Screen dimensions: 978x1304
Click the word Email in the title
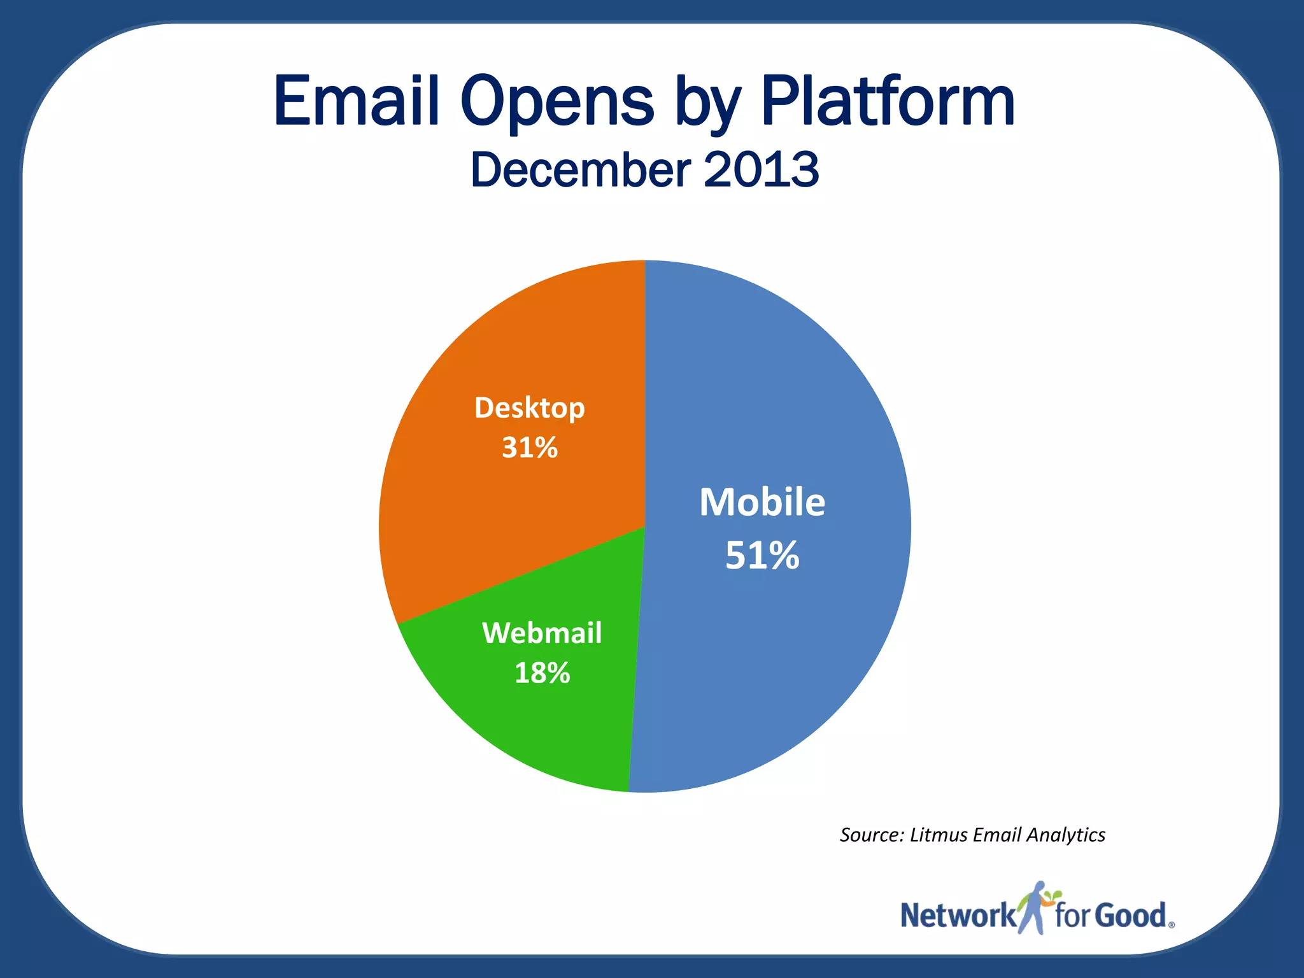tap(357, 102)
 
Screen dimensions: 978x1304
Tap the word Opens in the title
tap(557, 102)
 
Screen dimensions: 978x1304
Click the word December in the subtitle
tap(580, 170)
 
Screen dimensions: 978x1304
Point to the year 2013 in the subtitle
tap(762, 170)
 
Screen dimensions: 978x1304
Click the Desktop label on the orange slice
tap(530, 408)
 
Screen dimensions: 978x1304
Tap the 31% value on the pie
tap(530, 448)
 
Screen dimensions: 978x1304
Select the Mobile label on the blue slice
tap(762, 502)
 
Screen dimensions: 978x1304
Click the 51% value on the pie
tap(762, 555)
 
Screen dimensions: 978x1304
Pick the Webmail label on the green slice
tap(542, 634)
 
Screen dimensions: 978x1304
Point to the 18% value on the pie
tap(542, 673)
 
